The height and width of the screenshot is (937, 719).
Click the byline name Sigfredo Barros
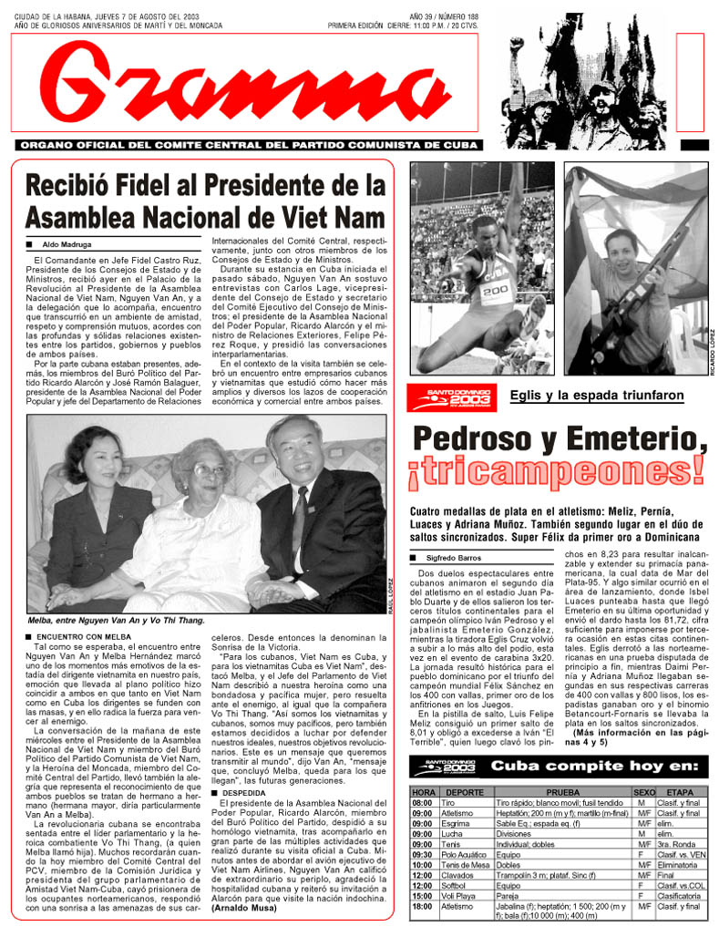click(452, 557)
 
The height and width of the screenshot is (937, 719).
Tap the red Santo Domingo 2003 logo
click(452, 396)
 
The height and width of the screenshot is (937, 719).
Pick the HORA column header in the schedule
click(423, 792)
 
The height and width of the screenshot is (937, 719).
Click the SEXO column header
click(644, 792)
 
